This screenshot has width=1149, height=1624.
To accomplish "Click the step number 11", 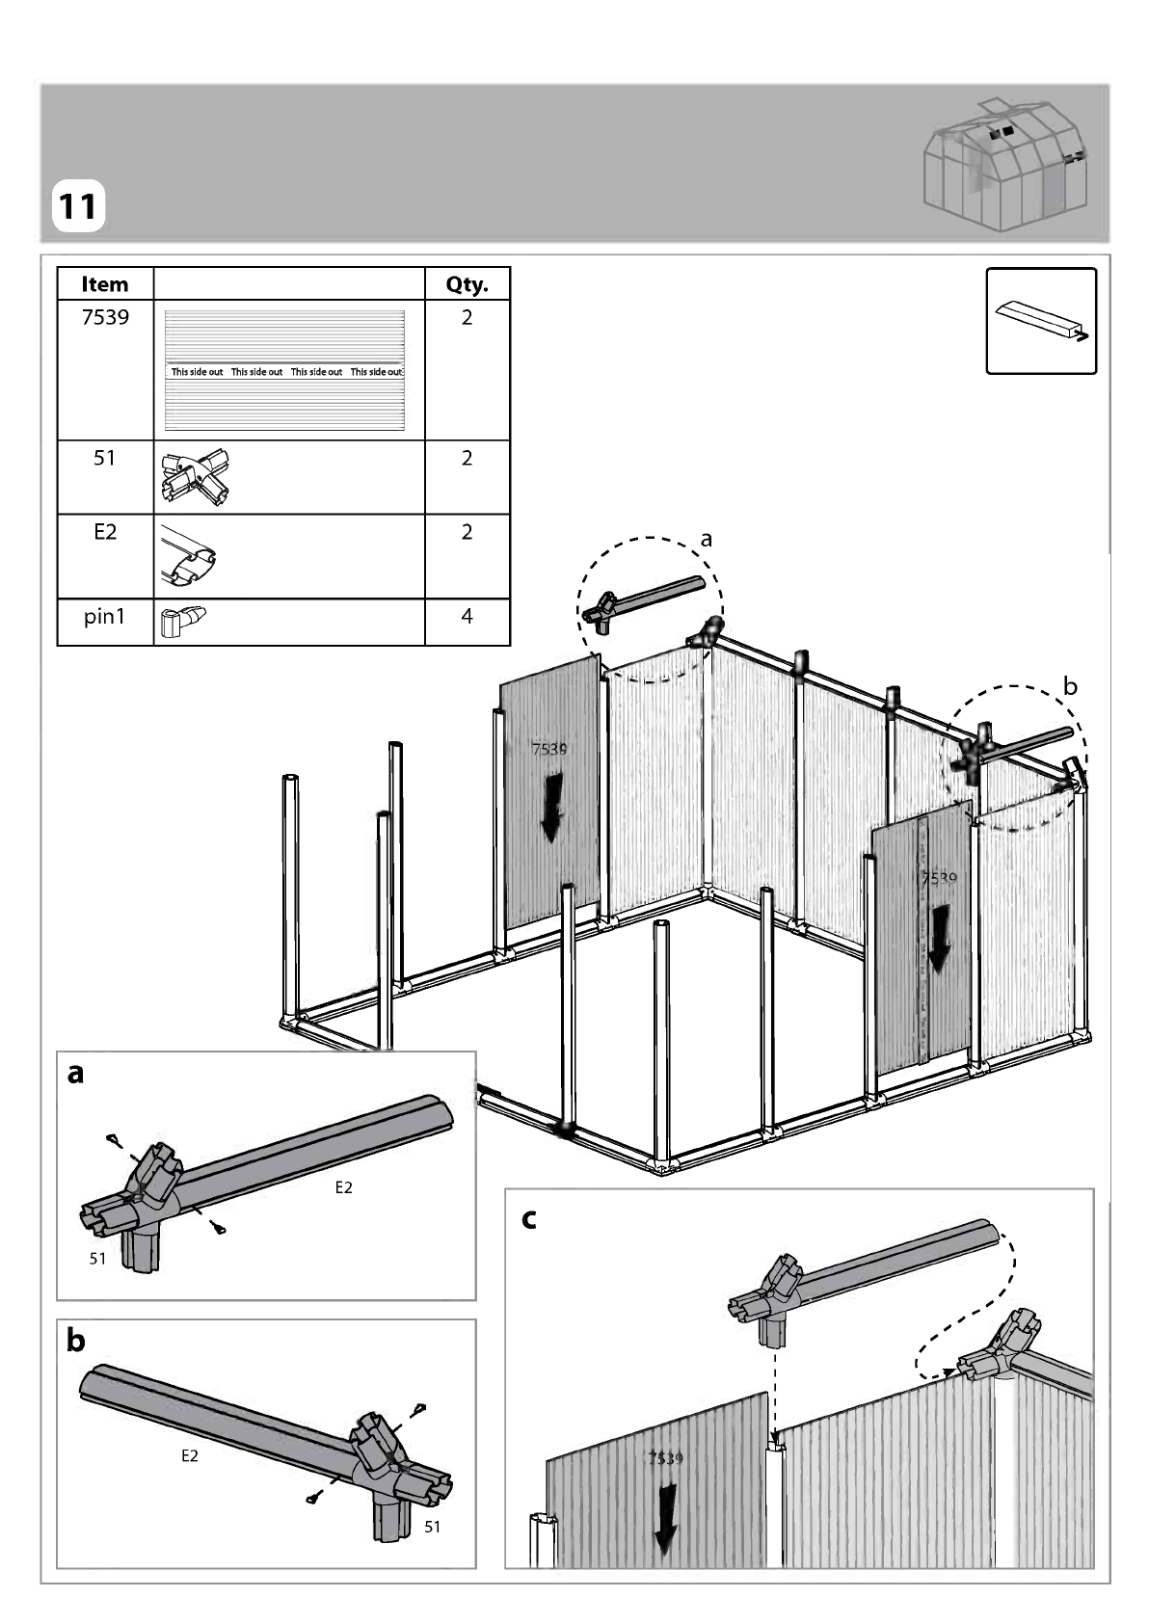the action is click(77, 206).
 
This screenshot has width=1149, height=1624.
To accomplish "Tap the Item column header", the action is click(105, 284).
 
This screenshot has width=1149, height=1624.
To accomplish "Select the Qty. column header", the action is click(467, 285).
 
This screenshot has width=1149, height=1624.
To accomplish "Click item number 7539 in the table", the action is click(105, 317).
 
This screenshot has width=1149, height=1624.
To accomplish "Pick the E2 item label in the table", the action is click(105, 532).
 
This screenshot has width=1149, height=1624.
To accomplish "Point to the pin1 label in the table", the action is click(104, 617).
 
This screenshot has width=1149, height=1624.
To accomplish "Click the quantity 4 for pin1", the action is click(467, 616).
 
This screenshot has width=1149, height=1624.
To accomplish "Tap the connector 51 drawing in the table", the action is click(195, 476).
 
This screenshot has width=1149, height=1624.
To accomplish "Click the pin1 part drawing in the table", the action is click(182, 622).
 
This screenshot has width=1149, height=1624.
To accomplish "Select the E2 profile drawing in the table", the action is click(188, 556).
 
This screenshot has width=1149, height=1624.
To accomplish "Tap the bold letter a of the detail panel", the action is click(75, 1074).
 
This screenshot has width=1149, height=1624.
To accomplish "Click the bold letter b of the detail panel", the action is click(75, 1341).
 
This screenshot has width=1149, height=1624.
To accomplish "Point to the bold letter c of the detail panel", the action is click(529, 1219).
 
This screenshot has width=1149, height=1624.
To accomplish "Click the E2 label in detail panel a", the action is click(343, 1187).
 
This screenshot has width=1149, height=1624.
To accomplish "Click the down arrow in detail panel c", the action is click(665, 1519).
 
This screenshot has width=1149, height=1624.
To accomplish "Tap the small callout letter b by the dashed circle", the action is click(1070, 685).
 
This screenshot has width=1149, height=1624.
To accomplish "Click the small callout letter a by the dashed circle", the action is click(706, 540).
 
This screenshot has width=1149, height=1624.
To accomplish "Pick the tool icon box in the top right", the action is click(1041, 321).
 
